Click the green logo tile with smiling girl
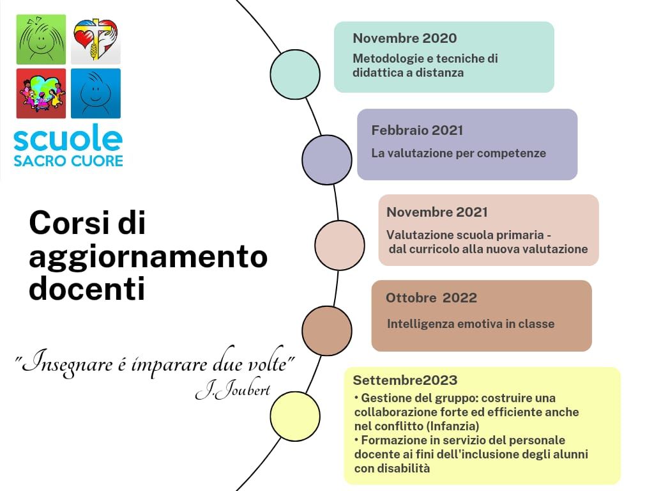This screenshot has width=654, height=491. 41,40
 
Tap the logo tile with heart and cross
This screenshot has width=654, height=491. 96,40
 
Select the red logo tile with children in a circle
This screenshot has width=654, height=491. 41,93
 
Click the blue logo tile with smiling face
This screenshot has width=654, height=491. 96,93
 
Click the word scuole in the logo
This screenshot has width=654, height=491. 68,138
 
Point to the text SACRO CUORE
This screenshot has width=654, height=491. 68,160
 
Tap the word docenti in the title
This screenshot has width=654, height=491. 87,288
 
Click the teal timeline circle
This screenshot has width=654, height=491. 295,74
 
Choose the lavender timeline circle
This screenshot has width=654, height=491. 327,159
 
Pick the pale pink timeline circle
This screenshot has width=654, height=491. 340,245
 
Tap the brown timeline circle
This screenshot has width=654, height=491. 327,331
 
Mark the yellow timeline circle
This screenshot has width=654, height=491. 295,416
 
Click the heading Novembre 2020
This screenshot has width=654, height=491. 404,38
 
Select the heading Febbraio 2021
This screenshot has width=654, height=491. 417,130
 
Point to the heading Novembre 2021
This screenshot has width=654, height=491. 437,212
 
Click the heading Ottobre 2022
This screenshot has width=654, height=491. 431,298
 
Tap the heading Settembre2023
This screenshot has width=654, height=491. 405,380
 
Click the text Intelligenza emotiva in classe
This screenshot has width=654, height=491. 471,324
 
